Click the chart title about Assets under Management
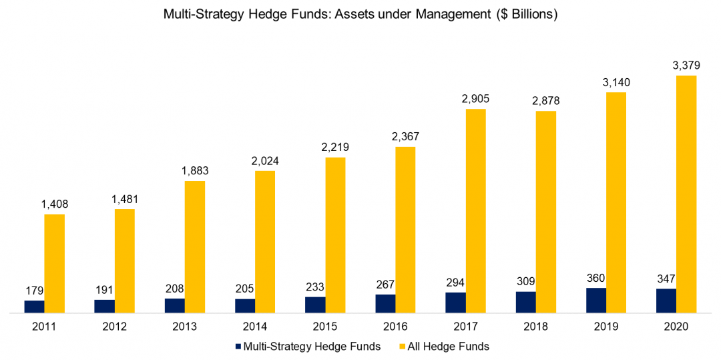pos(360,15)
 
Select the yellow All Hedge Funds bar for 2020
pos(686,194)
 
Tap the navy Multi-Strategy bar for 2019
pos(595,301)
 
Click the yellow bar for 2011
pos(54,263)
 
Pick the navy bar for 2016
pos(385,303)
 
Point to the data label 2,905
pos(475,99)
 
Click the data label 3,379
pos(686,65)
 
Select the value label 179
pos(34,291)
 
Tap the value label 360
pos(595,278)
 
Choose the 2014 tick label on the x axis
pos(255,327)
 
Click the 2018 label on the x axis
pos(536,327)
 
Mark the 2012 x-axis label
pos(114,327)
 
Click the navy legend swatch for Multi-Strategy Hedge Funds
pos(237,347)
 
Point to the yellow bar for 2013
pos(195,246)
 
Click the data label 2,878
pos(546,101)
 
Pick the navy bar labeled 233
pos(315,305)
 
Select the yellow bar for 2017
pos(475,210)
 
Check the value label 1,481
pos(124,199)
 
